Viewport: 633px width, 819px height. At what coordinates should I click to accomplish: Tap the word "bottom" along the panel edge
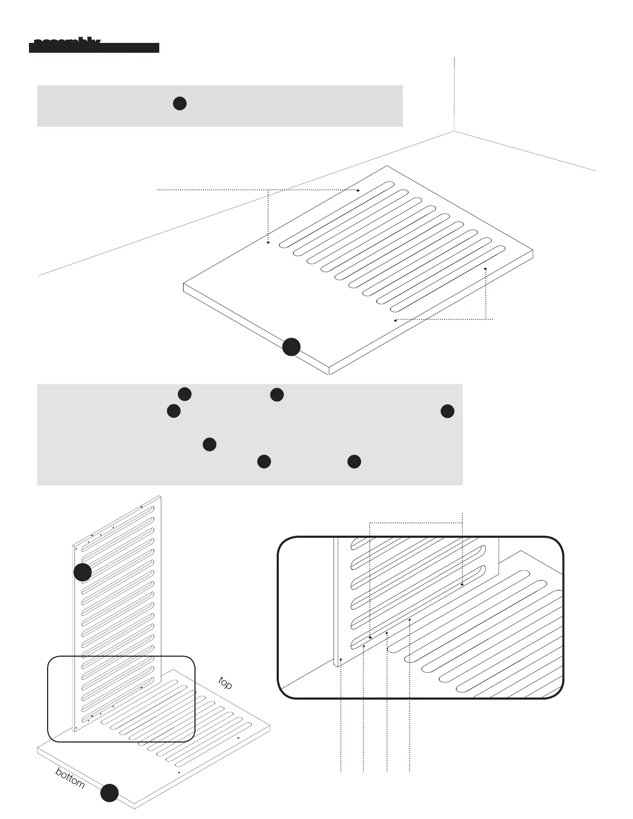pos(70,778)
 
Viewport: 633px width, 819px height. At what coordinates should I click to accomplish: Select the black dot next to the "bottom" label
pos(109,793)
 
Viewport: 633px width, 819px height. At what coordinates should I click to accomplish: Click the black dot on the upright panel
pos(83,572)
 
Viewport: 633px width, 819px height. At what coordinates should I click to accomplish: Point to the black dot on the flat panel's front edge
pos(291,347)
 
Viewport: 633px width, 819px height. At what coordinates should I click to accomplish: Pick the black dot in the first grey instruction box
pos(179,103)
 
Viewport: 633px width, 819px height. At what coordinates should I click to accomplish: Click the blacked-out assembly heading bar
pos(94,47)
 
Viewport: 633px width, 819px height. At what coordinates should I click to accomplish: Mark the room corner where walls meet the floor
pos(454,131)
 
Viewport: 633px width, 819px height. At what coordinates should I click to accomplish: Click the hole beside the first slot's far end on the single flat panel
pos(358,190)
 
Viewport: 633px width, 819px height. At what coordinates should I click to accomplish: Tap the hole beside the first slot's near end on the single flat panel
pos(268,242)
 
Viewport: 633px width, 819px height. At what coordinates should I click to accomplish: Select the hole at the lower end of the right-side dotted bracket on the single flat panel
pos(396,321)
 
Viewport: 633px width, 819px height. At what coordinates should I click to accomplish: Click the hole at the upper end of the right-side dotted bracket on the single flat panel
pos(485,269)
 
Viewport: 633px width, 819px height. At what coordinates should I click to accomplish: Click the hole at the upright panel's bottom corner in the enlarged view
pos(341,660)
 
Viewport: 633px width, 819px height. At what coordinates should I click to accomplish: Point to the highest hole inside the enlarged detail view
pos(462,584)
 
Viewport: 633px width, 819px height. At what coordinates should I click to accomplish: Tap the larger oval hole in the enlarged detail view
pos(370,638)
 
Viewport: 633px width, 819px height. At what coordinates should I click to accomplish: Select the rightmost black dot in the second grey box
pos(447,412)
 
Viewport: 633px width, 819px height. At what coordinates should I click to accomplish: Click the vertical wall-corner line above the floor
pos(454,93)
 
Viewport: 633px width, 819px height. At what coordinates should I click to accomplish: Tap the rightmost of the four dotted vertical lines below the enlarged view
pos(410,724)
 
